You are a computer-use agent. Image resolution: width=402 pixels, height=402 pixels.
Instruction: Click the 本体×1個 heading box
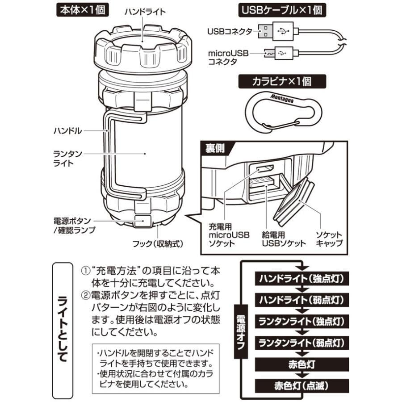pyautogui.click(x=81, y=10)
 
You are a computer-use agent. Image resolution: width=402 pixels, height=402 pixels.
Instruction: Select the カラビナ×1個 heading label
pyautogui.click(x=282, y=82)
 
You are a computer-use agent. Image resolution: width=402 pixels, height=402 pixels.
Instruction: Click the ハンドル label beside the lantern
pyautogui.click(x=67, y=131)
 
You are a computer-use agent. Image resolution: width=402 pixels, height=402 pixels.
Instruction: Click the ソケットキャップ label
pyautogui.click(x=329, y=239)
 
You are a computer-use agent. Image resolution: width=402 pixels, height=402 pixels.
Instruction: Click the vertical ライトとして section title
pyautogui.click(x=63, y=328)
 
